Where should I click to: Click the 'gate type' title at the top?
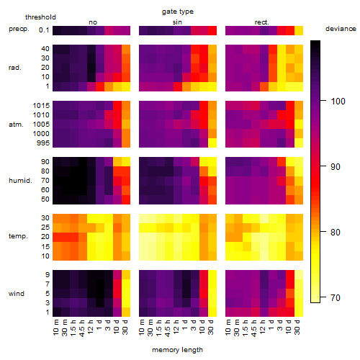coord(178,12)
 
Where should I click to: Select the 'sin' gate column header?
coord(177,22)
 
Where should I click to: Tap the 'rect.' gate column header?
coord(261,22)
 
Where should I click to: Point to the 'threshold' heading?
coord(40,17)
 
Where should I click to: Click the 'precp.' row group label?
coord(19,29)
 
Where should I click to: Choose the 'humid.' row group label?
coord(20,180)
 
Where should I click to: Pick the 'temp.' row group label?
coord(18,236)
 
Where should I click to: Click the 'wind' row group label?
coord(17,294)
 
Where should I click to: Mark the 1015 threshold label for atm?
coord(41,105)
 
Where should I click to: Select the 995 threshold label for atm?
coord(43,143)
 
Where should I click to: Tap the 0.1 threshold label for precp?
coord(44,30)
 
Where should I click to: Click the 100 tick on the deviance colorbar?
coord(338,101)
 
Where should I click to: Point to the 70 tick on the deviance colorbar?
coord(336,297)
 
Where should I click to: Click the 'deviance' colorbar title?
coord(341,29)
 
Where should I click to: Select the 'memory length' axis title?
coord(177,350)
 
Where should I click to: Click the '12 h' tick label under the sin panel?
coord(176,327)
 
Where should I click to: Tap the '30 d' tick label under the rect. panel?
coord(297,327)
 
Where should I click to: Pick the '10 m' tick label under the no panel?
coord(55,328)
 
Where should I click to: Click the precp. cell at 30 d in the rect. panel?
coord(299,30)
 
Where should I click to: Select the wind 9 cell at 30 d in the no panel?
coord(126,274)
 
